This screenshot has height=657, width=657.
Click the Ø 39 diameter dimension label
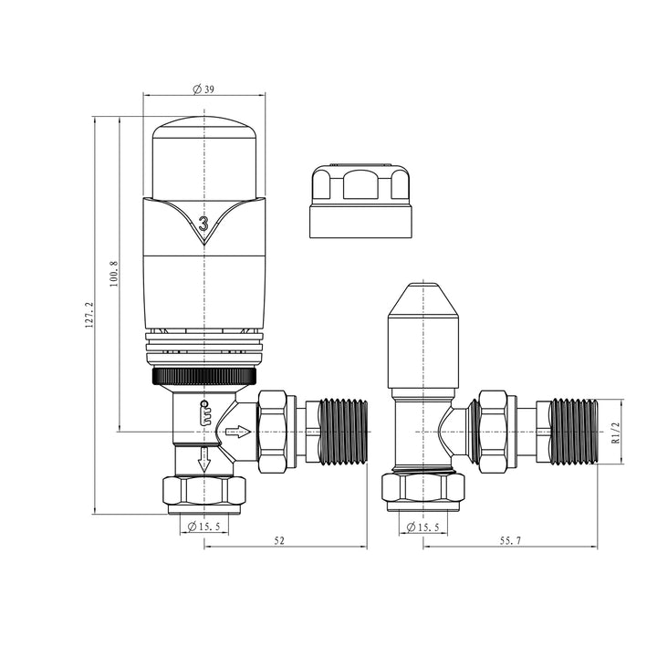(203, 89)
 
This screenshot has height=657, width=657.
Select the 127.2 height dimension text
(89, 317)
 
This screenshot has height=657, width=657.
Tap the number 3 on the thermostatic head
(203, 222)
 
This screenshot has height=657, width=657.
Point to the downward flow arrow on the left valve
(204, 462)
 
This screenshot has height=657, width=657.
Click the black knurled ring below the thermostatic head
(203, 376)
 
